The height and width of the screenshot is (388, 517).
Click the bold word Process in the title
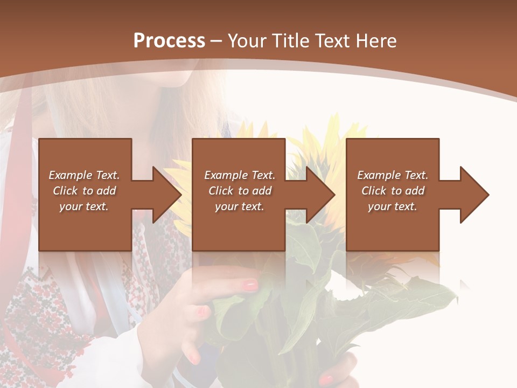pos(169,41)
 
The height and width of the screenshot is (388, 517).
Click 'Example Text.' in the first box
pos(84,175)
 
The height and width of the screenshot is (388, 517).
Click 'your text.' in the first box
pos(84,206)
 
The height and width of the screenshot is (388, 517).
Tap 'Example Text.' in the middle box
pos(240,175)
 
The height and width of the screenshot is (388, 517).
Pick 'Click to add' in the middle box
pos(240,191)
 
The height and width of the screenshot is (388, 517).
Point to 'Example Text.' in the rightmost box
pos(393,175)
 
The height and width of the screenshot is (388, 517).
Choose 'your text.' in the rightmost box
pos(393,206)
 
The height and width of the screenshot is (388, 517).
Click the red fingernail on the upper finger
pos(251,285)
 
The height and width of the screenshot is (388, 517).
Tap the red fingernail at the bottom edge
pos(326,379)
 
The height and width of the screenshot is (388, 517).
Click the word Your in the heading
pos(247,41)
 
